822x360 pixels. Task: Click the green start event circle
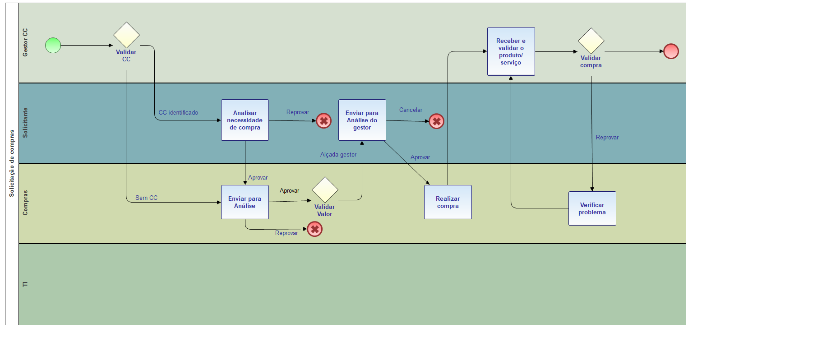coord(53,45)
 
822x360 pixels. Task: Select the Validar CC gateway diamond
coord(126,35)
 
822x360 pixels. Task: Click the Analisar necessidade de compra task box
coord(245,120)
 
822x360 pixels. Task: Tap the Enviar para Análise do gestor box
coord(362,120)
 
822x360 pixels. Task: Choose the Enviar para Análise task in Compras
coord(245,202)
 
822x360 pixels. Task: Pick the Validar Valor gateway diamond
coord(325,190)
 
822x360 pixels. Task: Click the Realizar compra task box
coord(448,202)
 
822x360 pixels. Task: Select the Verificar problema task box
coord(592,208)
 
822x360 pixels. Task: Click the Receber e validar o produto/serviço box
coord(511,51)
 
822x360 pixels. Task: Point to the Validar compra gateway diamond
coord(591,41)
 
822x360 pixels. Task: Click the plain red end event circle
coord(671,51)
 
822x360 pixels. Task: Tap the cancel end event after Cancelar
coord(437,121)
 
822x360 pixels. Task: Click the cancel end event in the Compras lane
coord(315,229)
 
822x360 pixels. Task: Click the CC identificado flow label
coord(178,113)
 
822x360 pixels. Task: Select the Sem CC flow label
coord(146,198)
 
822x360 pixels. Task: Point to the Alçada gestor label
coord(338,155)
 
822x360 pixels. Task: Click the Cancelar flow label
coord(411,110)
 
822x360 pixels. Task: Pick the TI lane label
coord(25,284)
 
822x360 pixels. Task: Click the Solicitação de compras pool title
coord(12,163)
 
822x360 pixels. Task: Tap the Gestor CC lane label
coord(25,43)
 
